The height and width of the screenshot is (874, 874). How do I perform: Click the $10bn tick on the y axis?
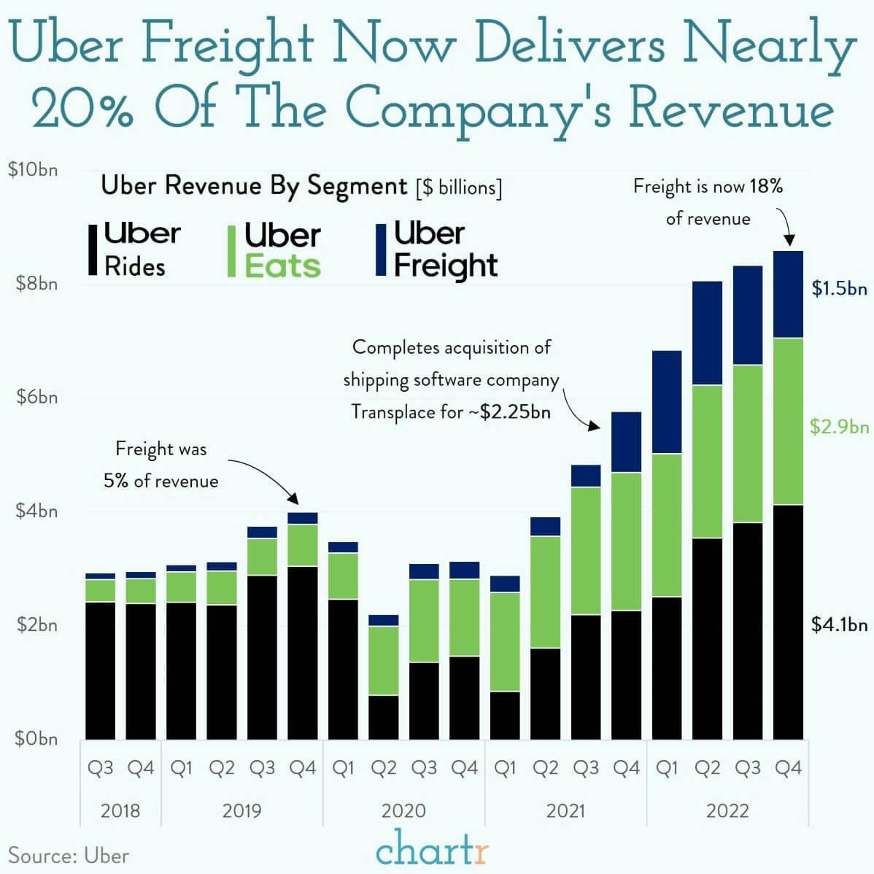click(32, 170)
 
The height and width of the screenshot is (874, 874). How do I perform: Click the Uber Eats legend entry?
click(274, 250)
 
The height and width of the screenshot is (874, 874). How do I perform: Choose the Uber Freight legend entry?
click(436, 250)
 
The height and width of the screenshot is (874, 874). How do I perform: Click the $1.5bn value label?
click(839, 289)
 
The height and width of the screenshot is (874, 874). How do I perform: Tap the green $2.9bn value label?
click(839, 427)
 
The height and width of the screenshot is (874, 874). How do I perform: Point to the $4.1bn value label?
click(839, 625)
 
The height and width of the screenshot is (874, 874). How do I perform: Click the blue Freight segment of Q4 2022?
click(788, 294)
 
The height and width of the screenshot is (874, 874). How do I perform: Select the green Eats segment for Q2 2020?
click(384, 660)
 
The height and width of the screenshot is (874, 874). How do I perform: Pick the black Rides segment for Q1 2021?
click(505, 715)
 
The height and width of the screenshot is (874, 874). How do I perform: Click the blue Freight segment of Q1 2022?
click(667, 402)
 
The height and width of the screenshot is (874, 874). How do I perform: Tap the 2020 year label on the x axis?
click(403, 811)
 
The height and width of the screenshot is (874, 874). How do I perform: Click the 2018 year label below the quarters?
click(120, 811)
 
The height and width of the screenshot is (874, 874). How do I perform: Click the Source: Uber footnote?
click(69, 855)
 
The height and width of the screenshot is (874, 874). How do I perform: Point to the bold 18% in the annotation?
click(765, 186)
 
